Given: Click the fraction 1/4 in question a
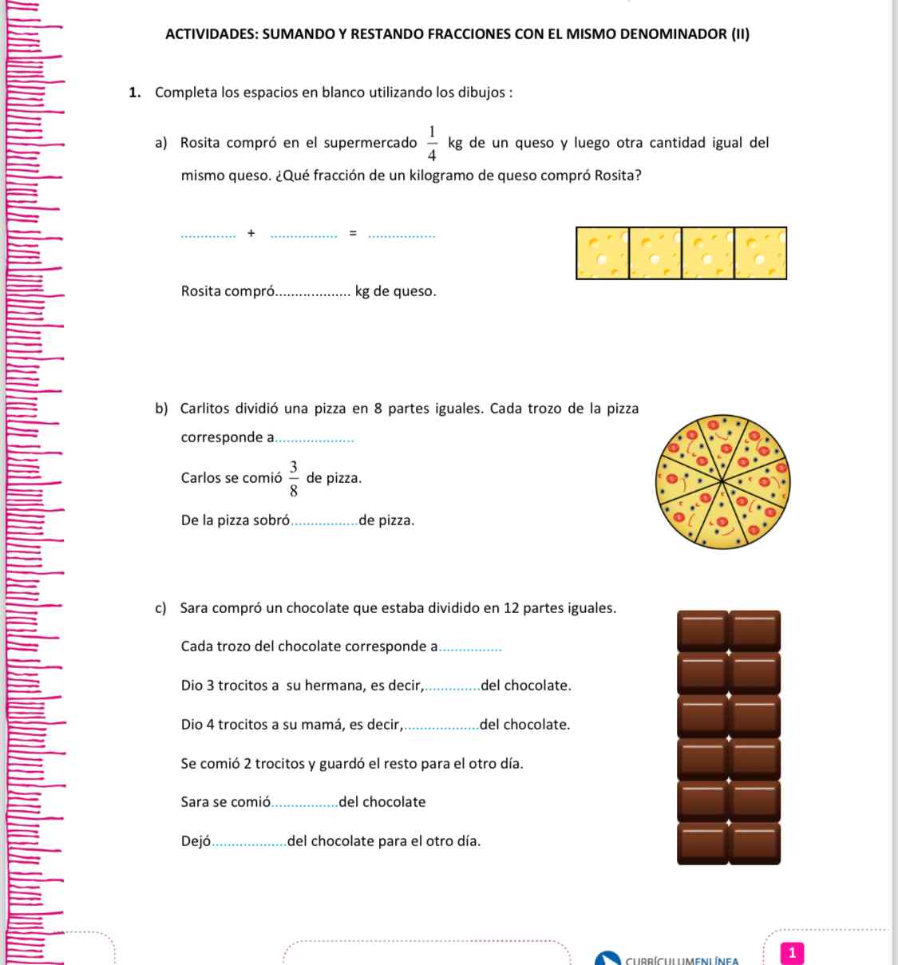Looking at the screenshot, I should coord(432,143).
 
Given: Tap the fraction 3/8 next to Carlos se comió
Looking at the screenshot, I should coord(294,478).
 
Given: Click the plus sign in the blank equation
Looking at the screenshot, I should coord(251,233).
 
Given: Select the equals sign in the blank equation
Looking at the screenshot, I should coord(352,233).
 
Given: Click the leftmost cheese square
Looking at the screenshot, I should coord(602,253).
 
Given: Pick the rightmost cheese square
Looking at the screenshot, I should coord(760,253).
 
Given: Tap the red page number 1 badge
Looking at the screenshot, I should coord(791,952).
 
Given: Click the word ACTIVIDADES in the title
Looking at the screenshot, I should coord(210,34).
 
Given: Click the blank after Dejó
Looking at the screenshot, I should coord(250,843).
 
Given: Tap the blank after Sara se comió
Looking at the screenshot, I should coord(305,804).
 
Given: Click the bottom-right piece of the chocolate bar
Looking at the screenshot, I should coord(755,844).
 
